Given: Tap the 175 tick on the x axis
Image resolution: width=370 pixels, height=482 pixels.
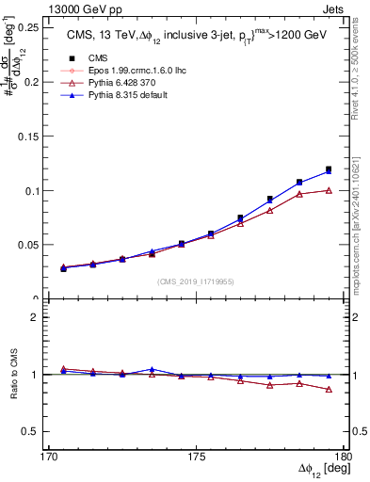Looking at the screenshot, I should [196, 457].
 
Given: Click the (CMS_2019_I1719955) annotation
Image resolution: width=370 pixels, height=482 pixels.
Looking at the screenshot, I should [196, 281].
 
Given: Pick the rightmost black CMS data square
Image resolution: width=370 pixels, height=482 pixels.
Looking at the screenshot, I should [329, 169].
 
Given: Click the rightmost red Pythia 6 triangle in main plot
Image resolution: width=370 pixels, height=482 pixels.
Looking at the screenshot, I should [329, 190].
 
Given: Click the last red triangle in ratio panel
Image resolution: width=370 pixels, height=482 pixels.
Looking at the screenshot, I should [329, 389].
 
